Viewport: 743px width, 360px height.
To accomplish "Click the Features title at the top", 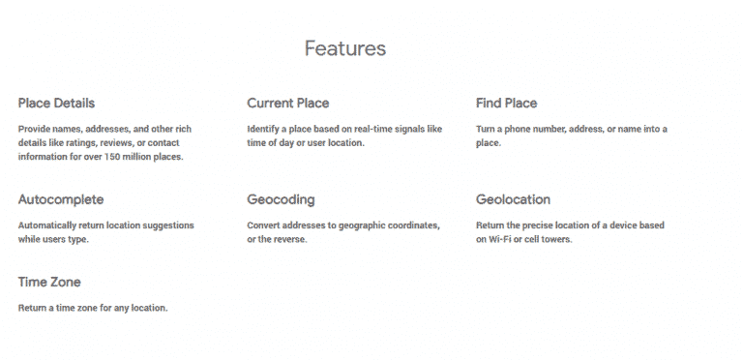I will [345, 48].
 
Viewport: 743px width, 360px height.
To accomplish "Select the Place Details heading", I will [56, 104].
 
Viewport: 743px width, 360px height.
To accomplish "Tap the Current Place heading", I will [287, 104].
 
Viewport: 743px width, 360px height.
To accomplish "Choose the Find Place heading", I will [506, 104].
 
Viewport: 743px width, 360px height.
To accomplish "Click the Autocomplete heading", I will [61, 200].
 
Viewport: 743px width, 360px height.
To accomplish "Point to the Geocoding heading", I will [281, 200].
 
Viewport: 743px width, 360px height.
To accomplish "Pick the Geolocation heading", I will [513, 200].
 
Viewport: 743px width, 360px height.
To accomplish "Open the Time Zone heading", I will [49, 283].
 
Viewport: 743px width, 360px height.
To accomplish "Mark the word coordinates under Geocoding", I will [410, 225].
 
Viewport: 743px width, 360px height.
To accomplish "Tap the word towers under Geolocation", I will [555, 240].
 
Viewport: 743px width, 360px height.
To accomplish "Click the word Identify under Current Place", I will [265, 129].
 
